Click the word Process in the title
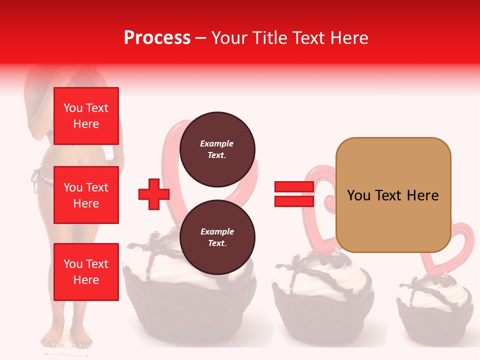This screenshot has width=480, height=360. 157,38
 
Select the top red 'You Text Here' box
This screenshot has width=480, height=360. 86,116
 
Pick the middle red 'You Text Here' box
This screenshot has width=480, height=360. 86,195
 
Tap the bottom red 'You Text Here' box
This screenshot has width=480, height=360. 86,271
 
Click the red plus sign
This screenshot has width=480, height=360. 154,194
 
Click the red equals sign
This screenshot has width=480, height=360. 294,194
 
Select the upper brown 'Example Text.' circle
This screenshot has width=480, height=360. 217,149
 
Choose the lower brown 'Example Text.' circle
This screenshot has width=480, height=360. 217,237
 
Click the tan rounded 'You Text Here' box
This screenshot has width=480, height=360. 393,195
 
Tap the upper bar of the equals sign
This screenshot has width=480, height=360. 294,187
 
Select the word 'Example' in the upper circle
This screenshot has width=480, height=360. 217,143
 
